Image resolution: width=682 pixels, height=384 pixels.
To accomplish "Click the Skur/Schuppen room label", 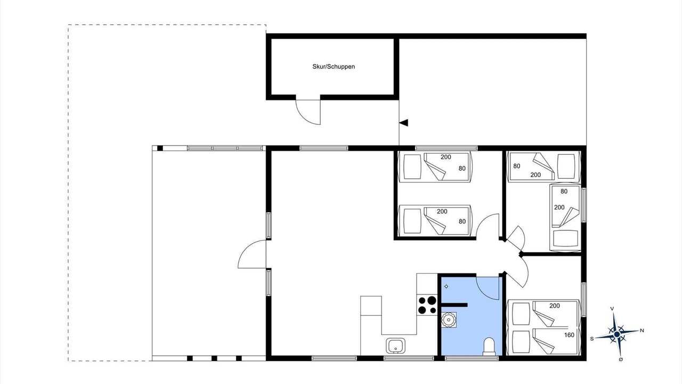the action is [334, 67].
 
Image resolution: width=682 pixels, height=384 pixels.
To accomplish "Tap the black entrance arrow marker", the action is [404, 123].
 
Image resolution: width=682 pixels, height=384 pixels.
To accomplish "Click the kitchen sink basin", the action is [395, 346].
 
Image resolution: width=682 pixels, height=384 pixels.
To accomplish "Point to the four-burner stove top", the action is [427, 305].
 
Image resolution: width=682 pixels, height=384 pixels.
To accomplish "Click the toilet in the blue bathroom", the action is [489, 347].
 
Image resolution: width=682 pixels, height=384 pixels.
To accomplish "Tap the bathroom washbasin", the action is [449, 319].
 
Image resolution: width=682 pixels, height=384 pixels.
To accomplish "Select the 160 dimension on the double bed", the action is [569, 335].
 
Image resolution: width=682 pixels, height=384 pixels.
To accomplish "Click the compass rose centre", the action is [617, 334].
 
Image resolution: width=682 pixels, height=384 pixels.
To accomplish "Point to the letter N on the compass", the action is [642, 330].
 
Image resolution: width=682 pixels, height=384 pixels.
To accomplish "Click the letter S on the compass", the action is [592, 339].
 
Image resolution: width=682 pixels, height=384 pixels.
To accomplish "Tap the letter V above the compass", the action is [612, 309].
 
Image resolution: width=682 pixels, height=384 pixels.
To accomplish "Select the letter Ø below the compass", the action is [621, 359].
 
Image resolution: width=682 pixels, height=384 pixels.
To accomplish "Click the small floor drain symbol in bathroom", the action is [446, 286].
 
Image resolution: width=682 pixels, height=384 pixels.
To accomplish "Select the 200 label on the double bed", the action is [555, 306].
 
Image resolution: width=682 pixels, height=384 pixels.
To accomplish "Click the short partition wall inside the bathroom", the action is [454, 305].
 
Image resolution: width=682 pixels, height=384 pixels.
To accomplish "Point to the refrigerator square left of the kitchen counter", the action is [371, 306].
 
